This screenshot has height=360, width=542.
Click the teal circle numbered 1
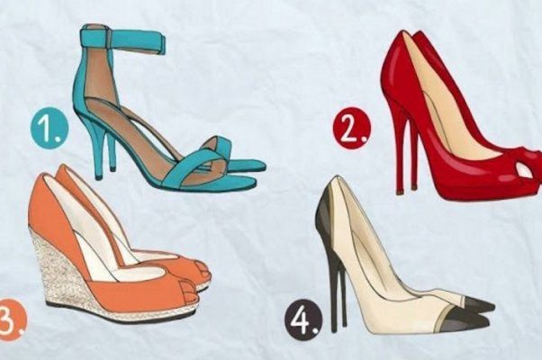50,129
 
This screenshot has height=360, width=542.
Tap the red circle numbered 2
352,128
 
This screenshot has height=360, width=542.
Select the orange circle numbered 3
11,319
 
